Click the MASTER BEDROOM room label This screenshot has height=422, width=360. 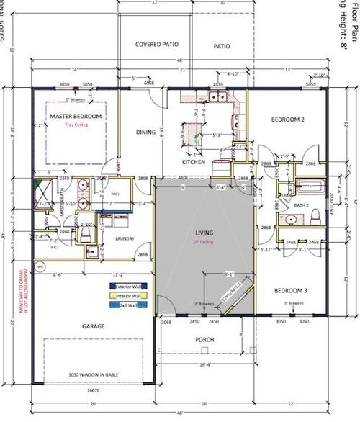pyautogui.click(x=75, y=116)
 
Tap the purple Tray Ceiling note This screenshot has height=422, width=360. pyautogui.click(x=75, y=124)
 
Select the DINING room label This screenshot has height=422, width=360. pyautogui.click(x=146, y=132)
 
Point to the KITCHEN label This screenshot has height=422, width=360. pyautogui.click(x=194, y=163)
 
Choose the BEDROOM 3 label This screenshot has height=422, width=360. pyautogui.click(x=292, y=291)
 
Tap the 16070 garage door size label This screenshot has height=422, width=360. pyautogui.click(x=93, y=390)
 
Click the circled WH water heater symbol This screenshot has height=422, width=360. pyautogui.click(x=40, y=266)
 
